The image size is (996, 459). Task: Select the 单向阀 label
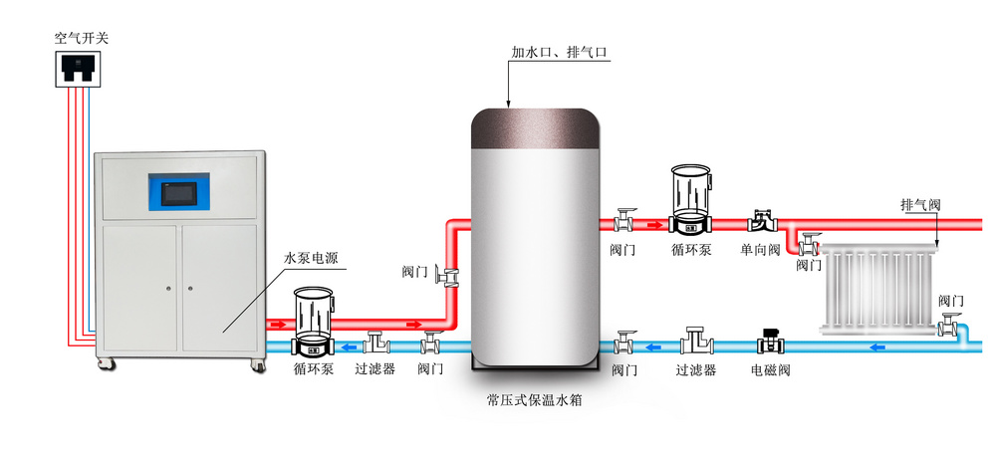(761, 250)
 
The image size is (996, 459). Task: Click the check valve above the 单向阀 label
(763, 220)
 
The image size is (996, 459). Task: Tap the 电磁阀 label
(770, 370)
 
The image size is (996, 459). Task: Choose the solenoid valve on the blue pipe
(770, 341)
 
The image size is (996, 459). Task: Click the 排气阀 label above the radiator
(920, 204)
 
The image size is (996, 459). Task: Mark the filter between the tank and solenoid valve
(696, 343)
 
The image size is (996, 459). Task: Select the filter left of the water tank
(375, 342)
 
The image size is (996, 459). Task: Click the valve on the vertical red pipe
(449, 275)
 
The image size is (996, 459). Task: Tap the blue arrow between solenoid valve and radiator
(875, 346)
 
